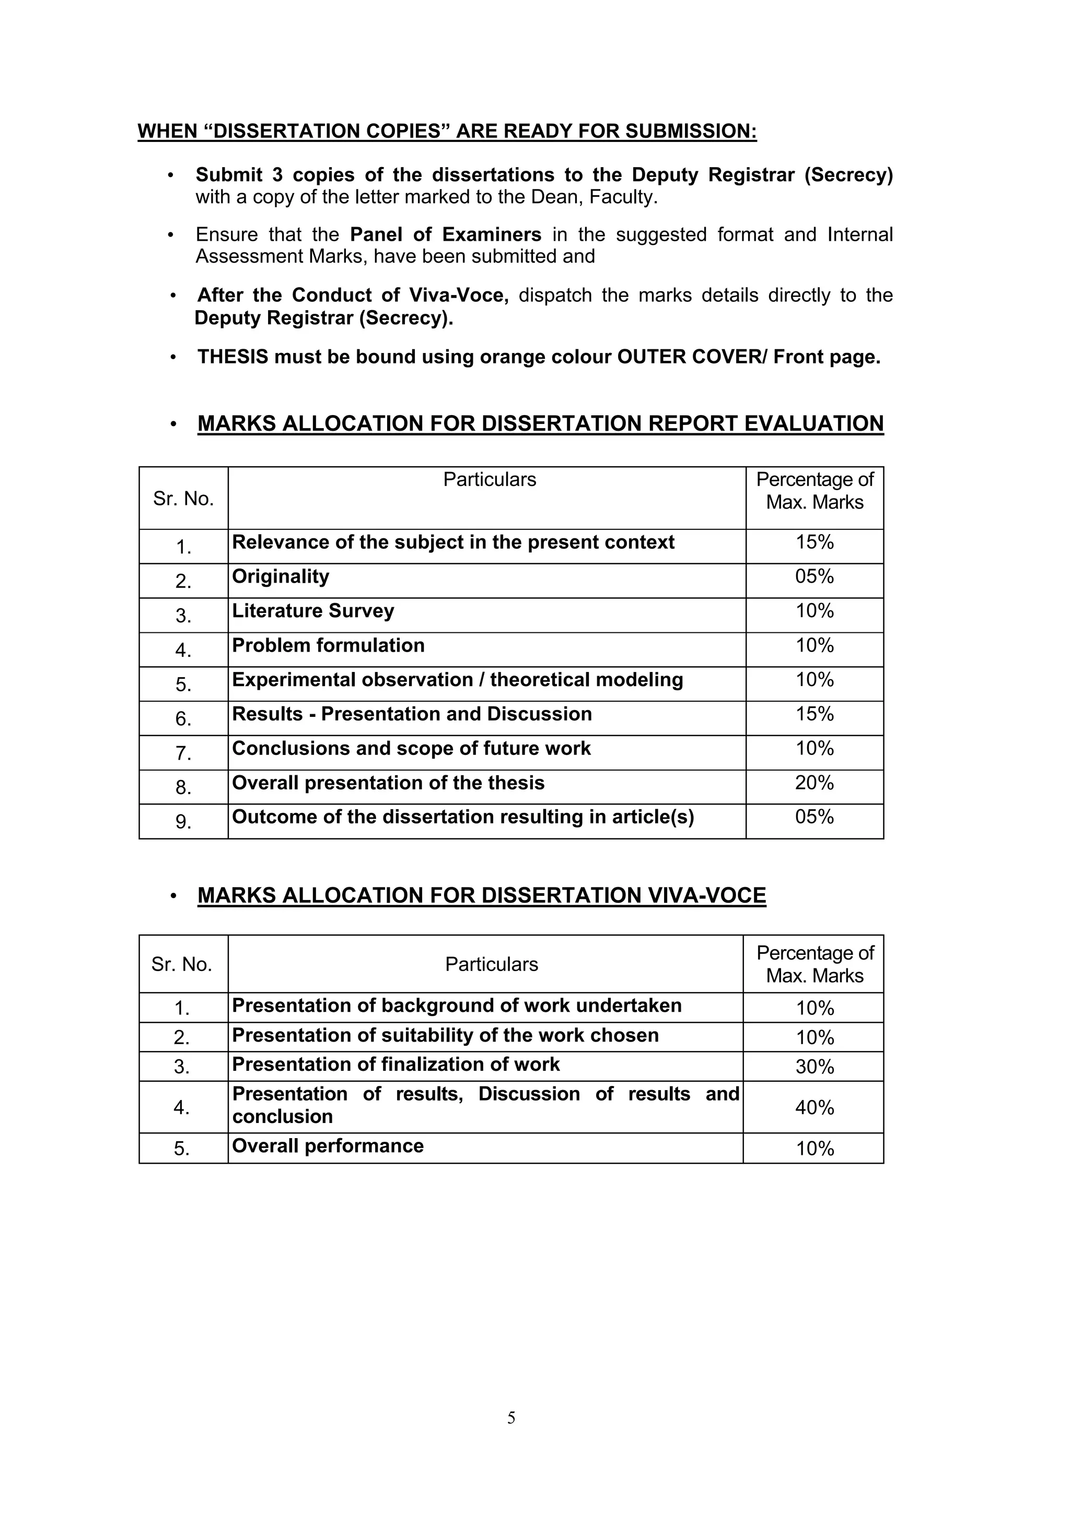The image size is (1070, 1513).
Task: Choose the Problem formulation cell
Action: click(x=328, y=645)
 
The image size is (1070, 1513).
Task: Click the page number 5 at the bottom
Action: click(x=511, y=1417)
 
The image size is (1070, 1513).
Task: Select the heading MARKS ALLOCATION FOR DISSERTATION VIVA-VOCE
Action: click(x=481, y=895)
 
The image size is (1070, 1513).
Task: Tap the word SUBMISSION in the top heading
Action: click(x=690, y=131)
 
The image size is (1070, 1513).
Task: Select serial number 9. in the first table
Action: click(x=183, y=822)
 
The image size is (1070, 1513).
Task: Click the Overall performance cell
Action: click(x=328, y=1146)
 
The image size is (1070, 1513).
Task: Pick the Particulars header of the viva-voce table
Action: click(x=491, y=964)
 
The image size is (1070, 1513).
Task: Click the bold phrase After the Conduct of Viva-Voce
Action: click(x=353, y=295)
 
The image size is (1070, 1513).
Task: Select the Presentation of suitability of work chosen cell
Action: click(x=445, y=1035)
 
